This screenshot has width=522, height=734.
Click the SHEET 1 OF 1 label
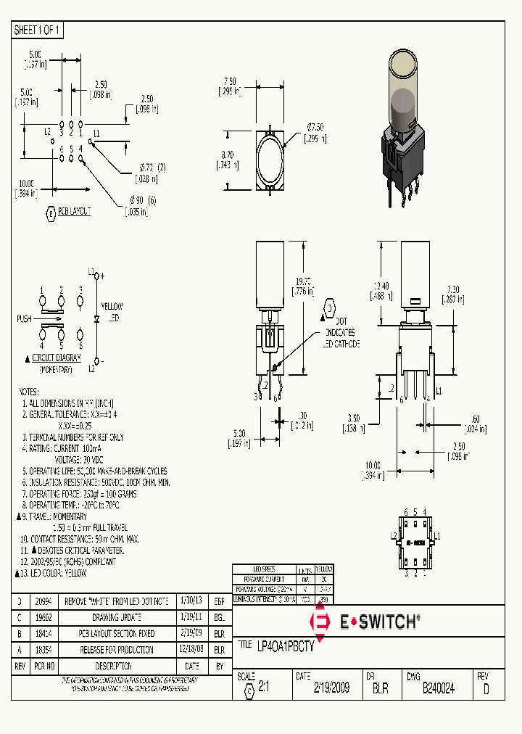coord(38,30)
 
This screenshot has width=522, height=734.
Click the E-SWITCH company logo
coord(365,621)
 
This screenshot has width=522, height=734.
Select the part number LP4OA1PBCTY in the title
coord(286,645)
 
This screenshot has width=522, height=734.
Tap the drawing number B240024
coord(438,688)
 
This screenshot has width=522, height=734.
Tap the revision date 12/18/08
coord(191,650)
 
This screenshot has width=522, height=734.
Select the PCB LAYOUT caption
coord(74,211)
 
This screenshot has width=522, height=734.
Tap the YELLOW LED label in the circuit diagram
coord(112,312)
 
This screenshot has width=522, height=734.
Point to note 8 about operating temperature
coord(69,504)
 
